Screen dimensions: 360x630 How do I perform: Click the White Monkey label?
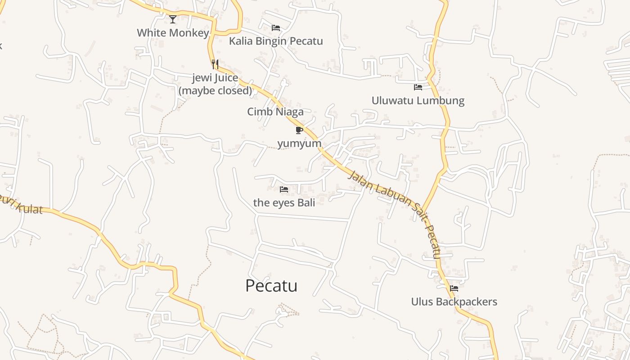coord(173,33)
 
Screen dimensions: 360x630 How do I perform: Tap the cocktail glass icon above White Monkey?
coord(173,19)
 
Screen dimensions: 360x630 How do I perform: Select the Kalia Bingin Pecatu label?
coord(276,41)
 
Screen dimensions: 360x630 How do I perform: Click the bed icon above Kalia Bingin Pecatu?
coord(276,28)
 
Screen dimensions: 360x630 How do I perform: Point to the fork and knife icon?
coord(215,64)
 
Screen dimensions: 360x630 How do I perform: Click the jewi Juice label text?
coord(215,78)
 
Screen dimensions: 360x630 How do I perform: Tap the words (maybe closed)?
coord(215,90)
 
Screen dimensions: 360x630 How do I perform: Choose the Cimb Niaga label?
coord(275,112)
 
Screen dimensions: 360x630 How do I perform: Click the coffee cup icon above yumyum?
coord(299,130)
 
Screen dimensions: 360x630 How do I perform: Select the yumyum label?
coord(299,144)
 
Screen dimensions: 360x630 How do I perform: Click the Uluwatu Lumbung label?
coord(418,100)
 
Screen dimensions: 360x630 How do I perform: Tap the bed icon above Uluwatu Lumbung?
coord(418,87)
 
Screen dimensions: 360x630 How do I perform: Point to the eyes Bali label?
coord(284,202)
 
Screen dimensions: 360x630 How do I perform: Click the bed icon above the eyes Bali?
coord(283,189)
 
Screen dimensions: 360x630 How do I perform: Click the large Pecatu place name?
coord(271,286)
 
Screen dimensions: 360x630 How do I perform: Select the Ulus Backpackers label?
coord(454,301)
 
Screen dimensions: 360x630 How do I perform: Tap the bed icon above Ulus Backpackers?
coord(454,288)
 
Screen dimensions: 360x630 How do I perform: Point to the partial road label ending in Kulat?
coord(22,207)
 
